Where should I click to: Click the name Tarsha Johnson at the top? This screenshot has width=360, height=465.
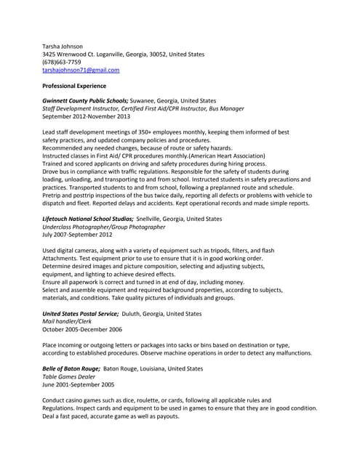63,46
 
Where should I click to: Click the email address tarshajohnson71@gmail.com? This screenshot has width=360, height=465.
81,70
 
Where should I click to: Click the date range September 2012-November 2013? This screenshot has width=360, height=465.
87,116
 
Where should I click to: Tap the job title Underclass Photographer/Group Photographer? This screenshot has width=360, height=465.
104,227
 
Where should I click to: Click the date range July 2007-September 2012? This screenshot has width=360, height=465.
77,235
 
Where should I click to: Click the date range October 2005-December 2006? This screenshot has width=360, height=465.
82,329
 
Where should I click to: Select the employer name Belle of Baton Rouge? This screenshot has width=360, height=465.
71,368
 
